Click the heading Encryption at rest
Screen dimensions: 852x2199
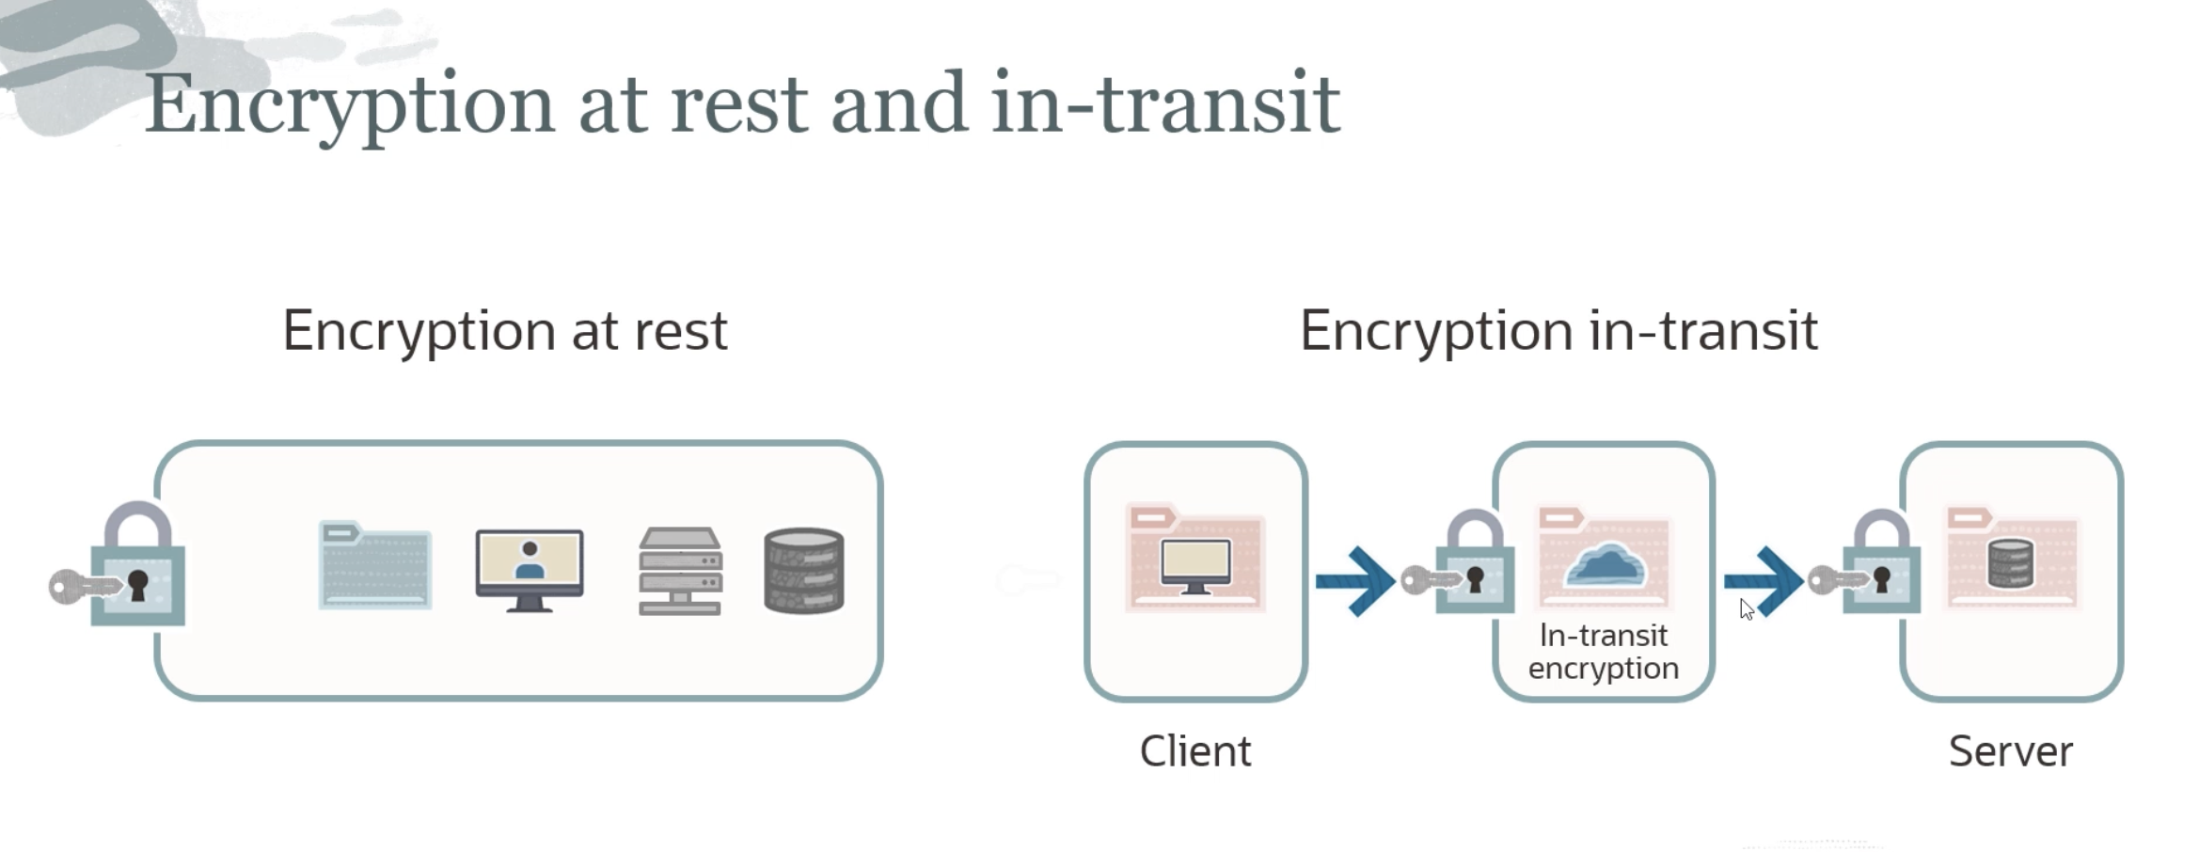[x=505, y=331]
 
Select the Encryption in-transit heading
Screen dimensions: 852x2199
[x=1558, y=331]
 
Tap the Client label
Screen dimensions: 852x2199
[x=1194, y=751]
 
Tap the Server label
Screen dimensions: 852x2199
[x=2010, y=751]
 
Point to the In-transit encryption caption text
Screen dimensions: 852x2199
[x=1603, y=652]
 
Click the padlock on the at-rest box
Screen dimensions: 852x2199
[x=138, y=569]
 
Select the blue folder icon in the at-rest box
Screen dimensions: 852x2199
[x=374, y=565]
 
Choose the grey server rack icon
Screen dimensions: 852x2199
[x=680, y=570]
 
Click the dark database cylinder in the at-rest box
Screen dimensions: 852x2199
[x=803, y=570]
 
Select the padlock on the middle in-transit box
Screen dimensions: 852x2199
[x=1475, y=566]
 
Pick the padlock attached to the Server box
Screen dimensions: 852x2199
[x=1881, y=566]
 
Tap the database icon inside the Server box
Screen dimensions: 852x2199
[x=2011, y=564]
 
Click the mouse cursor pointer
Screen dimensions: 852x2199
[x=1747, y=609]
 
